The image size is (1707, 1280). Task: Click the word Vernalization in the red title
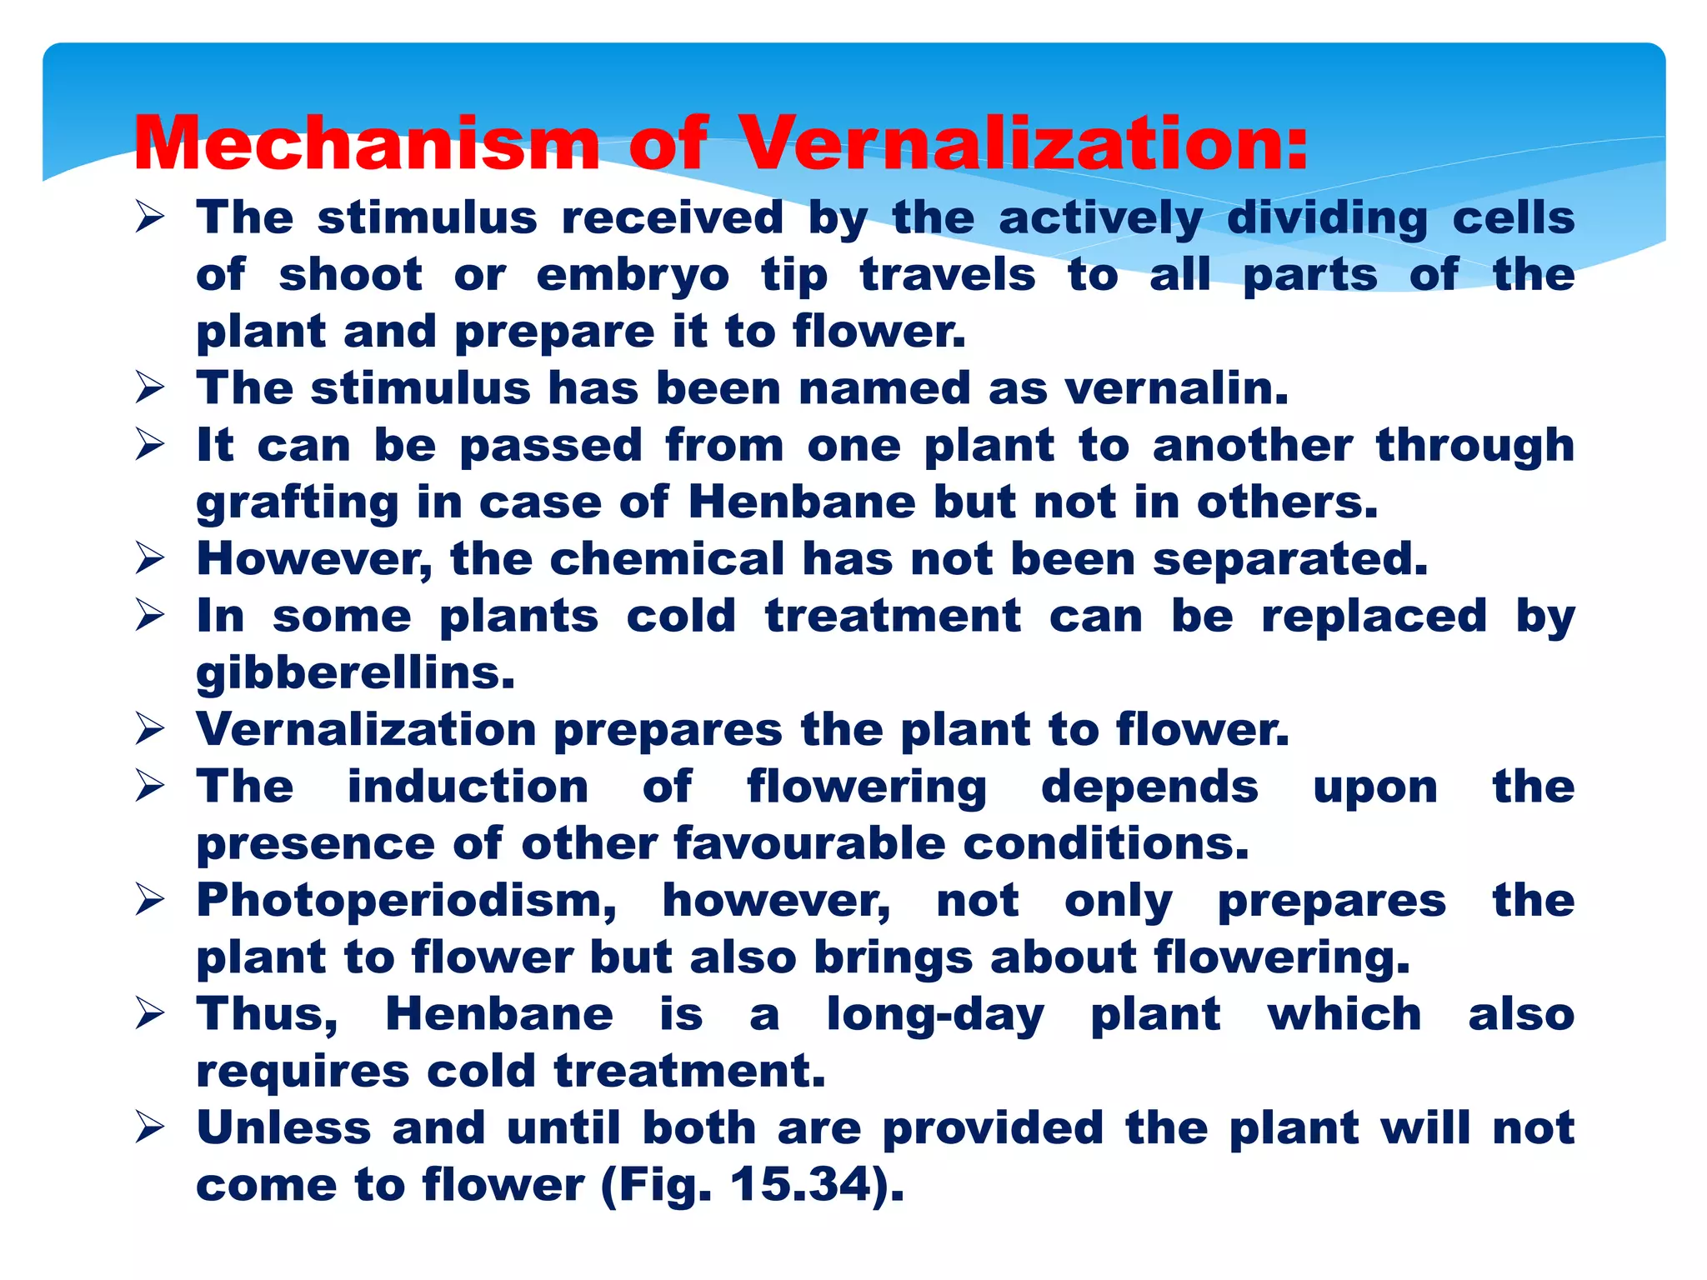[1025, 143]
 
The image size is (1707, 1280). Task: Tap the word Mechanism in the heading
[367, 143]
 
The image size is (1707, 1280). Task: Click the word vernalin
[1177, 389]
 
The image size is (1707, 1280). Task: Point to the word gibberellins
[356, 673]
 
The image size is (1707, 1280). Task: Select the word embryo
[633, 277]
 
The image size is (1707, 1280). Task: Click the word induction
[468, 787]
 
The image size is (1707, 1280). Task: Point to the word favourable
[809, 844]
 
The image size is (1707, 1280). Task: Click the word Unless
[283, 1129]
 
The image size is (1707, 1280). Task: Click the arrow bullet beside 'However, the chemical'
[151, 559]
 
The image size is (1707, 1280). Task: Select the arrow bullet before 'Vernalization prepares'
[151, 730]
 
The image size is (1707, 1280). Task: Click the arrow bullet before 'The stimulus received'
[151, 218]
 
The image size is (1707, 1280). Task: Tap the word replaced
[1374, 617]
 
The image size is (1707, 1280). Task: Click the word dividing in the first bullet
[1328, 218]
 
